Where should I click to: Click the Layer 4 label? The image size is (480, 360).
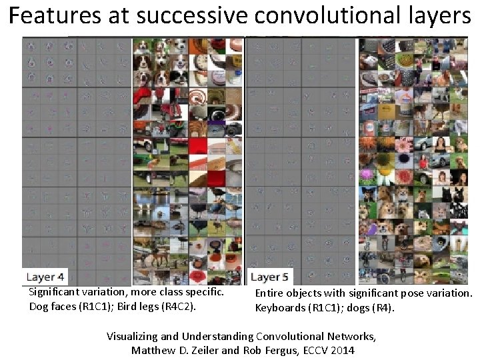45,277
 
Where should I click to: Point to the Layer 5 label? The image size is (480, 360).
269,277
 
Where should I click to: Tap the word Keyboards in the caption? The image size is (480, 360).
279,307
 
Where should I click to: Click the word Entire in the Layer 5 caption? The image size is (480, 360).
269,293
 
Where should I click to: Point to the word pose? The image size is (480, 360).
405,293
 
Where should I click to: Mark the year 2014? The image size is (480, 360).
342,350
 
